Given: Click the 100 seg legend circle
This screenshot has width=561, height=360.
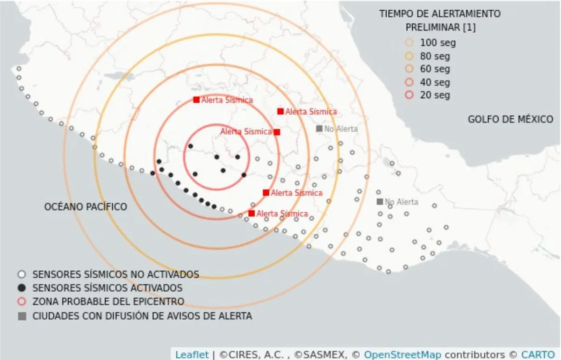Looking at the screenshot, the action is point(410,43).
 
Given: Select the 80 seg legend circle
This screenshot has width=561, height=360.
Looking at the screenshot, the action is point(410,56).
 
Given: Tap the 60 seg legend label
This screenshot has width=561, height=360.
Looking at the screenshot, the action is point(435,69).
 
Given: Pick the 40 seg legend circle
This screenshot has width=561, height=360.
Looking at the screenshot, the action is point(410,82).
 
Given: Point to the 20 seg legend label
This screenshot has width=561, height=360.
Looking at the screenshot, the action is point(435,95).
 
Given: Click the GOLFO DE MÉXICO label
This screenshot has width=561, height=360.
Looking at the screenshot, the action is point(510,119).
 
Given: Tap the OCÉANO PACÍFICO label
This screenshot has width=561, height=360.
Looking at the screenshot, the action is point(86,206).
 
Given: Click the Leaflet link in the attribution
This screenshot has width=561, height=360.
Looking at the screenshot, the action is point(192,354).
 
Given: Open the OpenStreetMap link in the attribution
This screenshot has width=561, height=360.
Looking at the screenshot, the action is point(402,354).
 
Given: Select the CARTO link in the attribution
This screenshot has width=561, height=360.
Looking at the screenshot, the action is point(538,354).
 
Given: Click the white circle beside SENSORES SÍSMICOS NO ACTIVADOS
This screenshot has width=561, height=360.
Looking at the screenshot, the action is point(22,274).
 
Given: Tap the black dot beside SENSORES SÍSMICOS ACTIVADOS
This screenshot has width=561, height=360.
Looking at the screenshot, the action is point(22,288).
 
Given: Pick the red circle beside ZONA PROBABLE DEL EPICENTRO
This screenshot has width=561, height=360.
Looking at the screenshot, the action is point(22,302).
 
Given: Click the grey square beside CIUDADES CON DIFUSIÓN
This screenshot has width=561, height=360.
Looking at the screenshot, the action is point(22,316).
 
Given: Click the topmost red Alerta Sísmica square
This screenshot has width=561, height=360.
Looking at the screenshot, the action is point(196,100).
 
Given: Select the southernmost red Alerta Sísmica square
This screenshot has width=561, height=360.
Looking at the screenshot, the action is point(252,213).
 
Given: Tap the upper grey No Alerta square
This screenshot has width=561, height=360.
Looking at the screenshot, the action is point(319,129).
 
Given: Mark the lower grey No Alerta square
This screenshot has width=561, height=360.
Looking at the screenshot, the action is point(380,202).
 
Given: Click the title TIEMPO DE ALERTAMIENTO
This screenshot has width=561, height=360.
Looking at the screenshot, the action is point(440,14).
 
